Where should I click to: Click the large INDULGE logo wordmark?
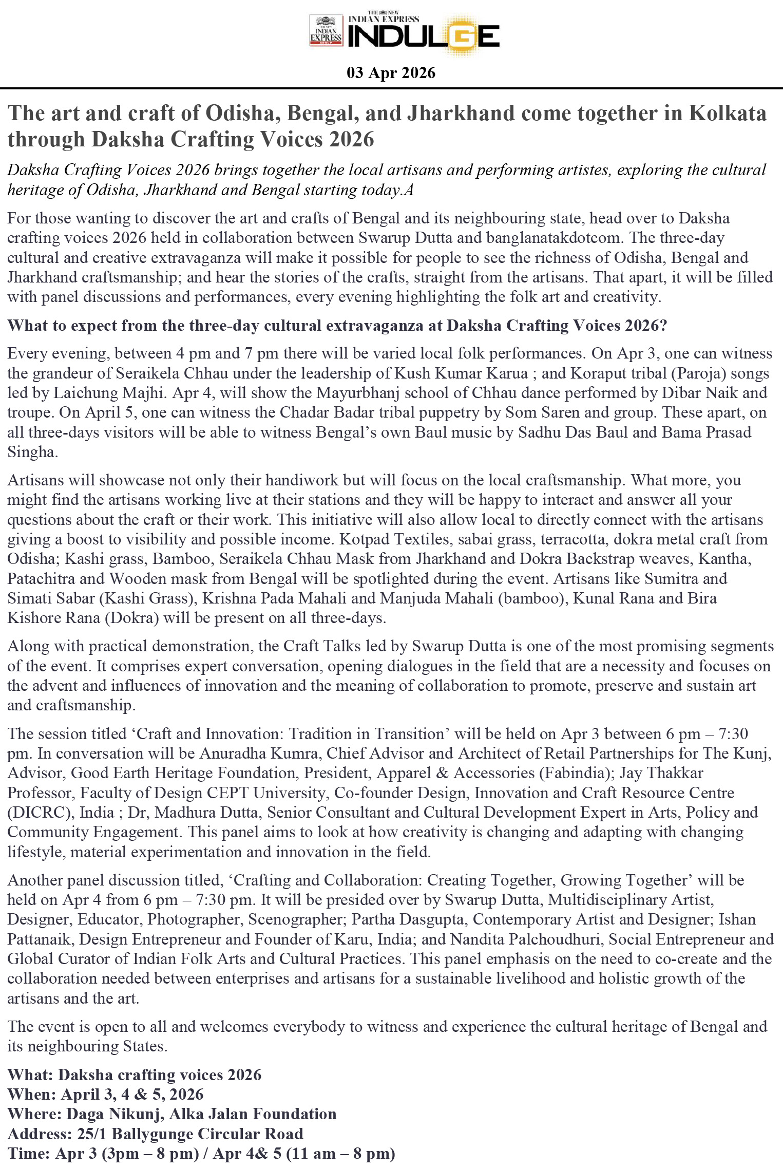click(x=423, y=36)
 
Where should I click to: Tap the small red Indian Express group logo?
click(x=326, y=31)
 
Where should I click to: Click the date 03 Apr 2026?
click(x=391, y=73)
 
